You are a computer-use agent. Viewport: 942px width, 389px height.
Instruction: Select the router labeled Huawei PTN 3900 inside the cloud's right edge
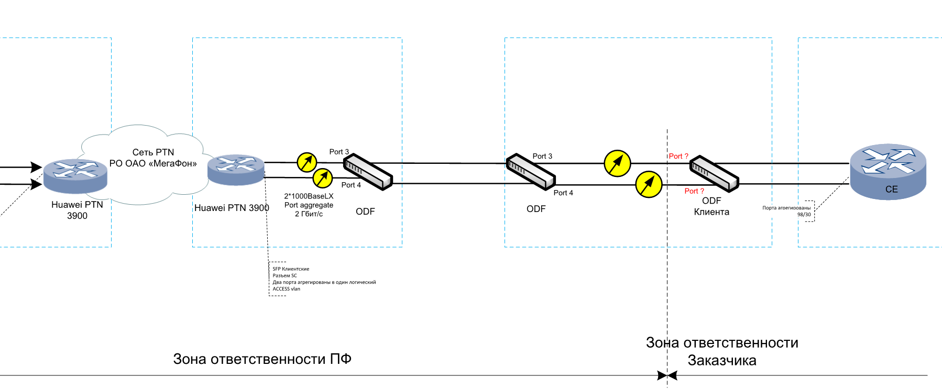[x=236, y=170]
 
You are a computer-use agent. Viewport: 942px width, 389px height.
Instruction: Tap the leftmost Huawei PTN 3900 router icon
[x=75, y=176]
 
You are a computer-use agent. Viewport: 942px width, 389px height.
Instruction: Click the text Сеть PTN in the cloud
[x=153, y=152]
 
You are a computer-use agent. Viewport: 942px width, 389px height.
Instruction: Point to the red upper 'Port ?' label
[x=678, y=156]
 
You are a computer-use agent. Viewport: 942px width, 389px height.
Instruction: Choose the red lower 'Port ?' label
[x=694, y=191]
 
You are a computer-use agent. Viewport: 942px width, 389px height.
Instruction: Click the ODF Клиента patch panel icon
[x=714, y=173]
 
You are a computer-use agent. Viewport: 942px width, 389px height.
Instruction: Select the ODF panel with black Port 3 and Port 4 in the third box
[x=530, y=171]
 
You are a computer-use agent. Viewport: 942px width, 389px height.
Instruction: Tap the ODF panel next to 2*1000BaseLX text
[x=368, y=171]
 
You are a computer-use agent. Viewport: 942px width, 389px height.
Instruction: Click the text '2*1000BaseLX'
[x=309, y=196]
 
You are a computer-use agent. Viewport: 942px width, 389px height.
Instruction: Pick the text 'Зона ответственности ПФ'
[x=262, y=359]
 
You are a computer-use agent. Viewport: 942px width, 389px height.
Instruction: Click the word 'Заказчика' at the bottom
[x=721, y=361]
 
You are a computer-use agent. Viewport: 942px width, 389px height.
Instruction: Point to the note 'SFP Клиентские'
[x=291, y=269]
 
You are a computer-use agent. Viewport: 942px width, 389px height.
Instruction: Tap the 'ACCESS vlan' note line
[x=286, y=289]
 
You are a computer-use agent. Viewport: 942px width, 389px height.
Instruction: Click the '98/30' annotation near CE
[x=804, y=215]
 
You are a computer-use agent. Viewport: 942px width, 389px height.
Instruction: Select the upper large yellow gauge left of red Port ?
[x=617, y=163]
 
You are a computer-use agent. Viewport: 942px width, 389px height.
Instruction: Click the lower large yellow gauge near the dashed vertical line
[x=649, y=184]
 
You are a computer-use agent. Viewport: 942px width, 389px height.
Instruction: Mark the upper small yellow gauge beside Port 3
[x=307, y=162]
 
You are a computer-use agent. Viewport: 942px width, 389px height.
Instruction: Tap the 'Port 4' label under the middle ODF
[x=563, y=193]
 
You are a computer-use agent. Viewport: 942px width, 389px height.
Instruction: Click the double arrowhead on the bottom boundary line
[x=667, y=375]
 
